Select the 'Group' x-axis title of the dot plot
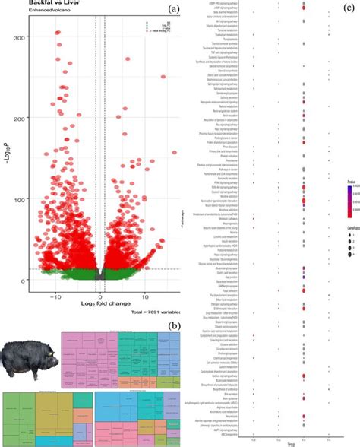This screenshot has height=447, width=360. coord(292,442)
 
